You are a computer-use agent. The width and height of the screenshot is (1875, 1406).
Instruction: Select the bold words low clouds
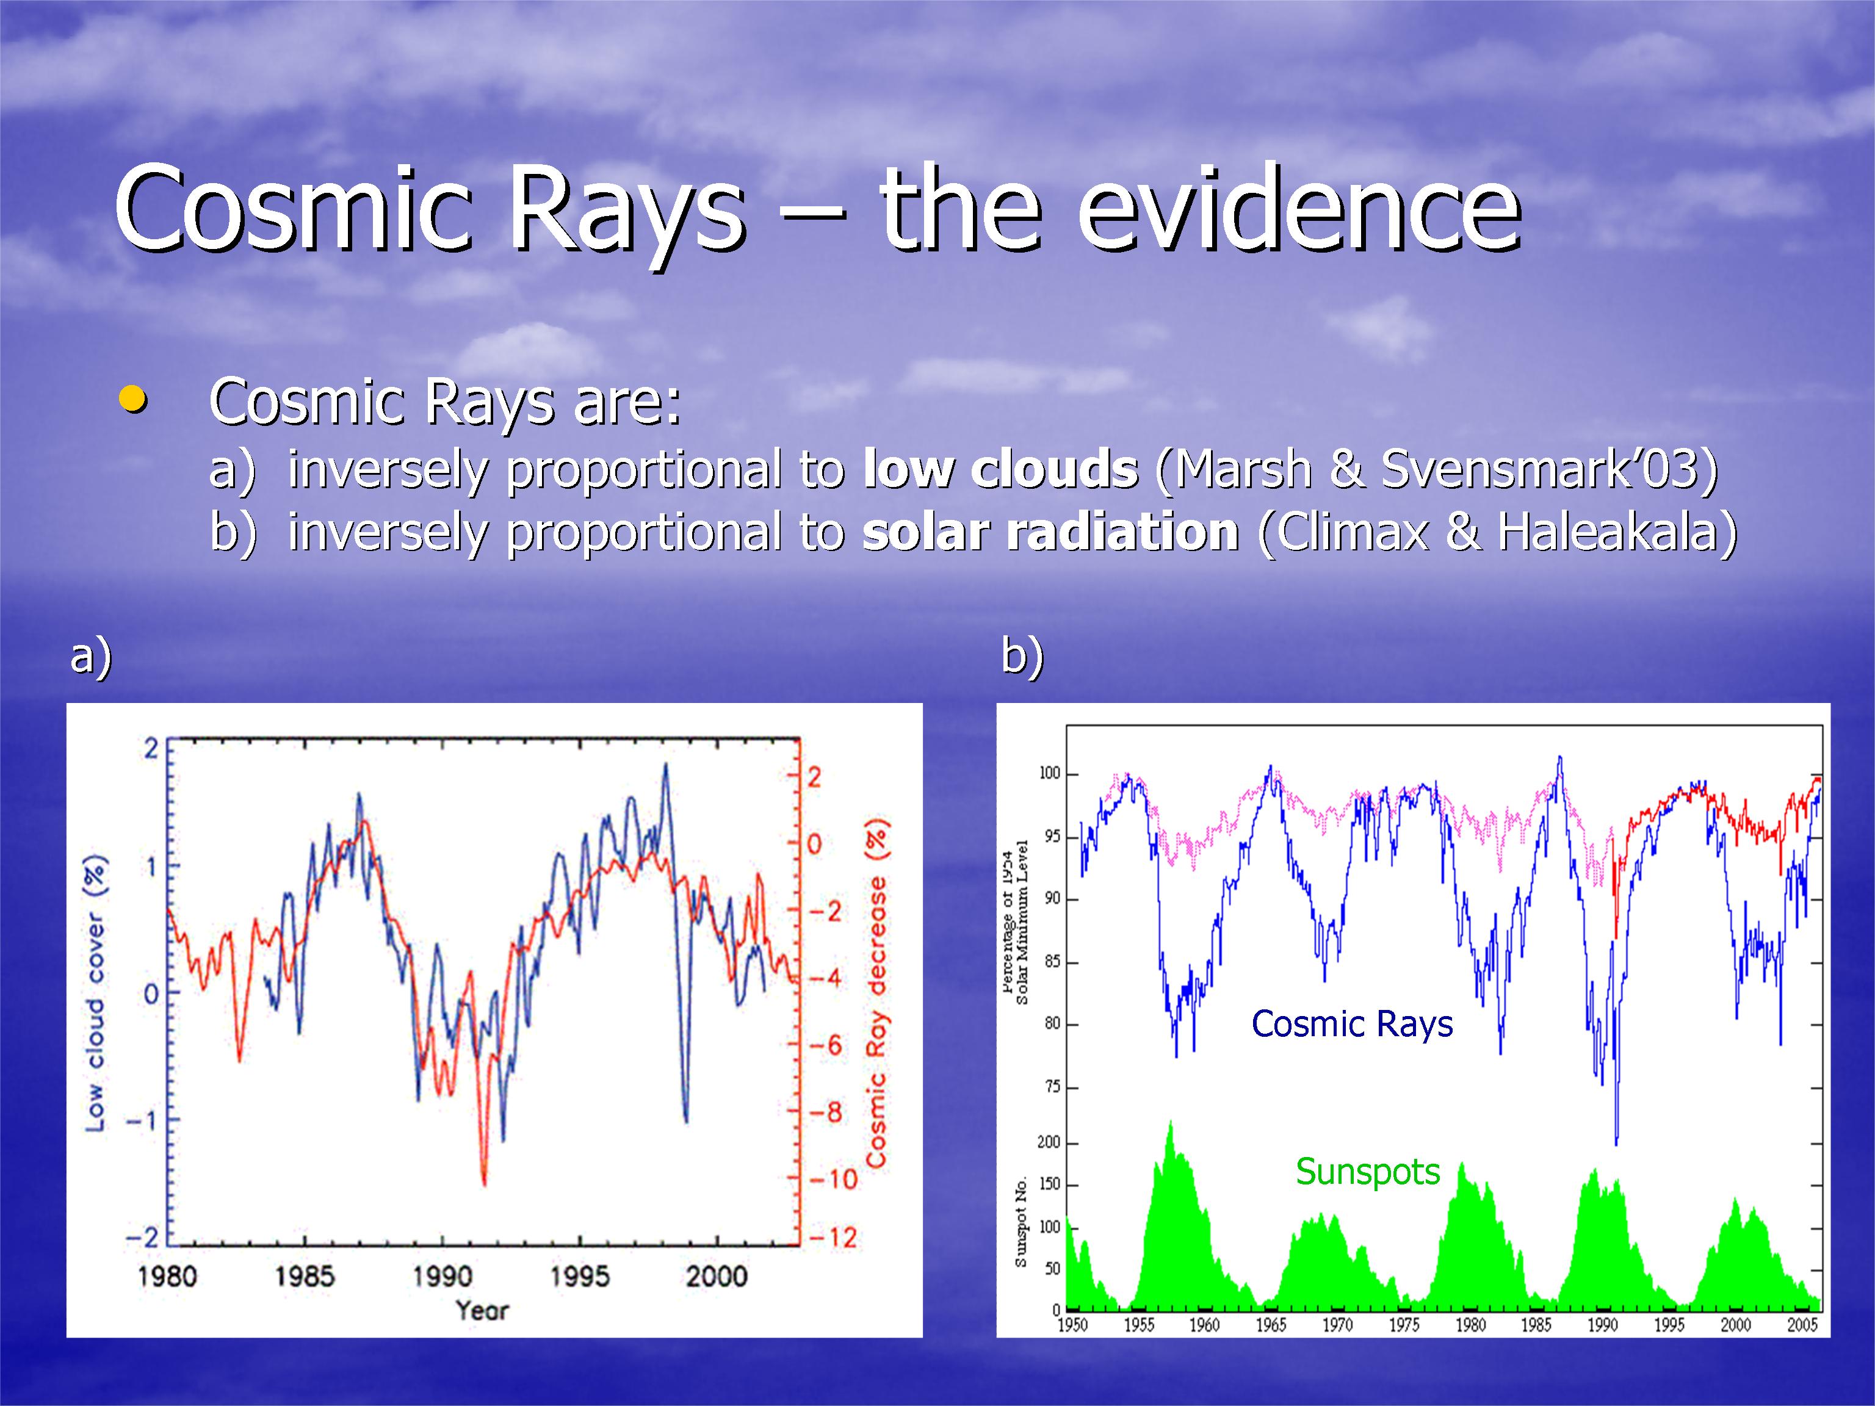pos(1000,469)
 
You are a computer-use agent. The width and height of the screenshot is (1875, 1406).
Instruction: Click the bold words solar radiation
pos(1050,532)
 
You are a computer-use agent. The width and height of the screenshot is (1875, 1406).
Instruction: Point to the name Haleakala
pos(1607,532)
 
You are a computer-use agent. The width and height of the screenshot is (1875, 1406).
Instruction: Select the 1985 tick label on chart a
pos(305,1275)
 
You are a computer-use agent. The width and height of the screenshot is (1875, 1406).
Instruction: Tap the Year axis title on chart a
pos(482,1310)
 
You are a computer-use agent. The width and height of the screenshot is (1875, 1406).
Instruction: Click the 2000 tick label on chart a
pos(717,1275)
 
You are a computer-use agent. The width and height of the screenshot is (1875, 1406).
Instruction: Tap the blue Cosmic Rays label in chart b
pos(1352,1024)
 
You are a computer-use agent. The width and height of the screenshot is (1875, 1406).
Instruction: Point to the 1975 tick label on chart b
pos(1404,1325)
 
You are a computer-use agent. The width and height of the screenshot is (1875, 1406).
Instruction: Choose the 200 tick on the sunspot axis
pos(1049,1142)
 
